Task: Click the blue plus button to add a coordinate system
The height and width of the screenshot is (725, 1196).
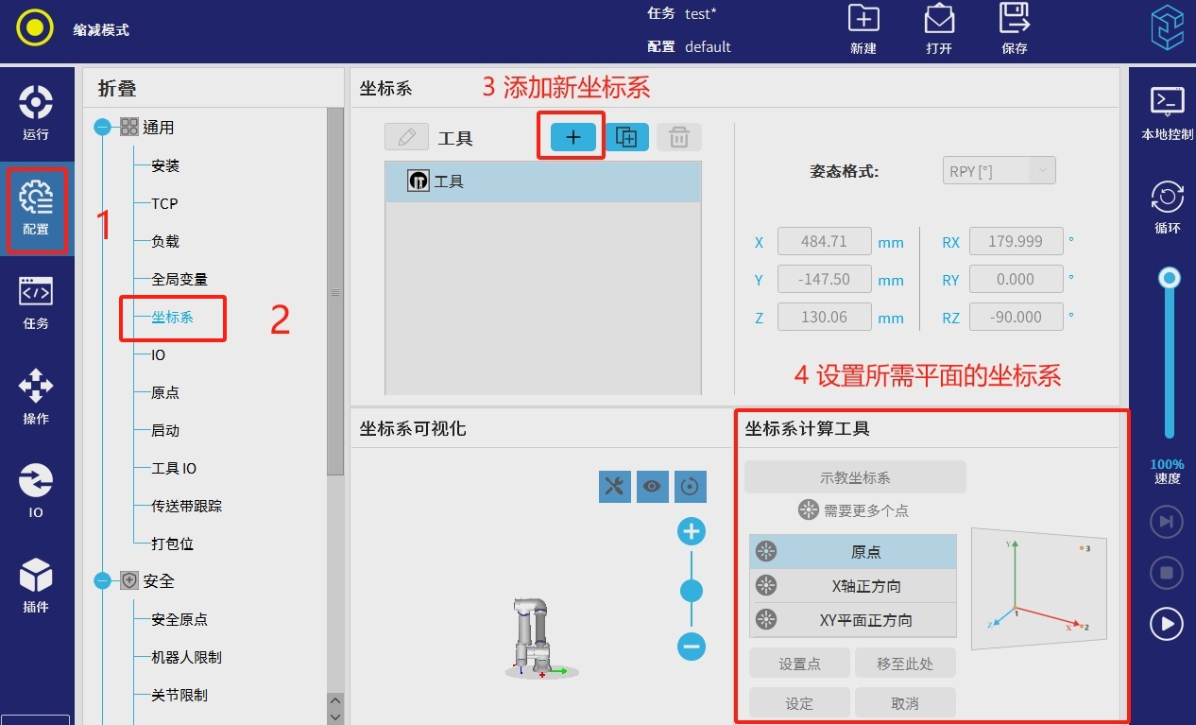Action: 572,137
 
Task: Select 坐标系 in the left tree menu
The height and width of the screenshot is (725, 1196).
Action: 172,318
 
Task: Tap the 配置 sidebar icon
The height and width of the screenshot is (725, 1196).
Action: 36,208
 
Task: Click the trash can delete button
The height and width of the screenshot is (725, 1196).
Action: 678,137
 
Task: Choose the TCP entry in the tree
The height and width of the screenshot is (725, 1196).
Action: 164,203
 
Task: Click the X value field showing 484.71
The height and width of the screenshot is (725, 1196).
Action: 824,241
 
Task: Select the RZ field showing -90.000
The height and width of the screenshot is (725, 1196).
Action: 1016,318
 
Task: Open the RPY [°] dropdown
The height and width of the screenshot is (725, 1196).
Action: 999,171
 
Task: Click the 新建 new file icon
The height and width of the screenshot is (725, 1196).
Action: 863,19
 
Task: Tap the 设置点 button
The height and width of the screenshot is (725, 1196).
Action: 799,664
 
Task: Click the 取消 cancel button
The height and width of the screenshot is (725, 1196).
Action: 905,703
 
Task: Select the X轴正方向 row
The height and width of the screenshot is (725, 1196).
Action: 853,586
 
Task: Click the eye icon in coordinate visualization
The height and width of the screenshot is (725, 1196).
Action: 652,486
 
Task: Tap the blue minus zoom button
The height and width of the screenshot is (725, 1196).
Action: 692,647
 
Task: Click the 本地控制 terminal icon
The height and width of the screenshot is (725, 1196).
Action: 1167,101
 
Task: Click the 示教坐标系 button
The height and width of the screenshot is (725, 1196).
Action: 855,477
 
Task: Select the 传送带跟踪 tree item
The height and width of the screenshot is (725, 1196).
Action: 186,506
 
